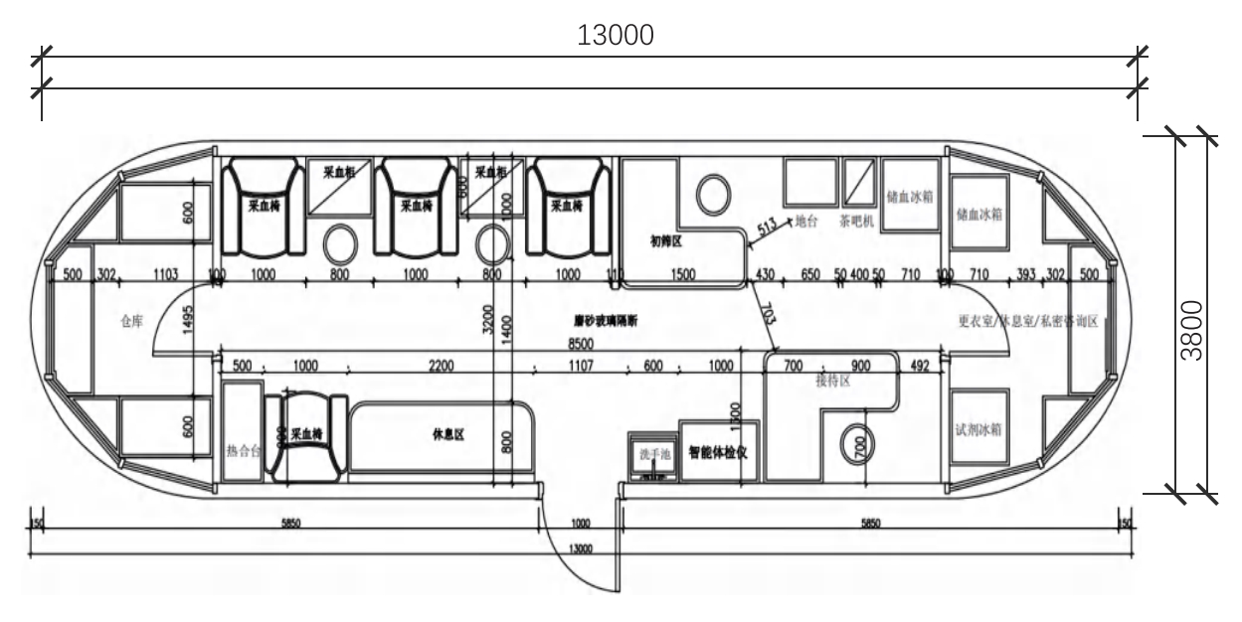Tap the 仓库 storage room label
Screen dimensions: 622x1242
point(130,321)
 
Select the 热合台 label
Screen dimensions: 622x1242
point(242,451)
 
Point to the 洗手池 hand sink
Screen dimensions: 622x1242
point(651,454)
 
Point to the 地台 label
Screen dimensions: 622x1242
point(805,223)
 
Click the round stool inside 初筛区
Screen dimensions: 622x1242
point(711,194)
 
